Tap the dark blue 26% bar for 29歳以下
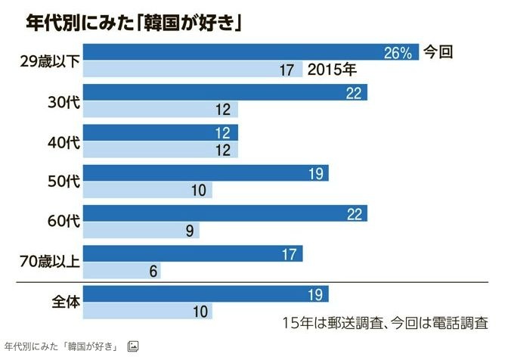[x=249, y=52]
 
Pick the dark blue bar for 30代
[x=225, y=92]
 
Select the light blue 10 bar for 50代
[x=147, y=190]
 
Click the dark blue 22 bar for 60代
[x=225, y=213]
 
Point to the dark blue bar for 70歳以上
[x=193, y=253]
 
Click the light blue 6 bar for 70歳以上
[x=122, y=271]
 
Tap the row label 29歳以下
[x=48, y=61]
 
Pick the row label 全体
[x=60, y=301]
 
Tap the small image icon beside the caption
[x=133, y=346]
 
